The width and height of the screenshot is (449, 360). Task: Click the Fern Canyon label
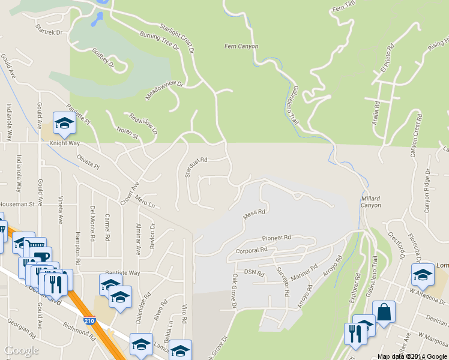241,46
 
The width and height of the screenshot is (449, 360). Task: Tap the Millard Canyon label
371,202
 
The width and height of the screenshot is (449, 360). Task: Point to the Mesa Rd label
254,212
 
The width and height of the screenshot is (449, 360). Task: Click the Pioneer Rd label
276,238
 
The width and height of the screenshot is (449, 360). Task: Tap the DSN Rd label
250,272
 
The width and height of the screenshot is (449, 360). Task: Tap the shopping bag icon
384,313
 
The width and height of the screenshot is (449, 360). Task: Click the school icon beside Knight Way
64,124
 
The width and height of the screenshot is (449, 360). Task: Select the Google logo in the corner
21,350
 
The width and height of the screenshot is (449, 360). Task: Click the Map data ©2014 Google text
412,356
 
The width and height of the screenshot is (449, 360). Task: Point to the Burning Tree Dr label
159,40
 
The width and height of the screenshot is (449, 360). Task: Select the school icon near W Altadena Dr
423,276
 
